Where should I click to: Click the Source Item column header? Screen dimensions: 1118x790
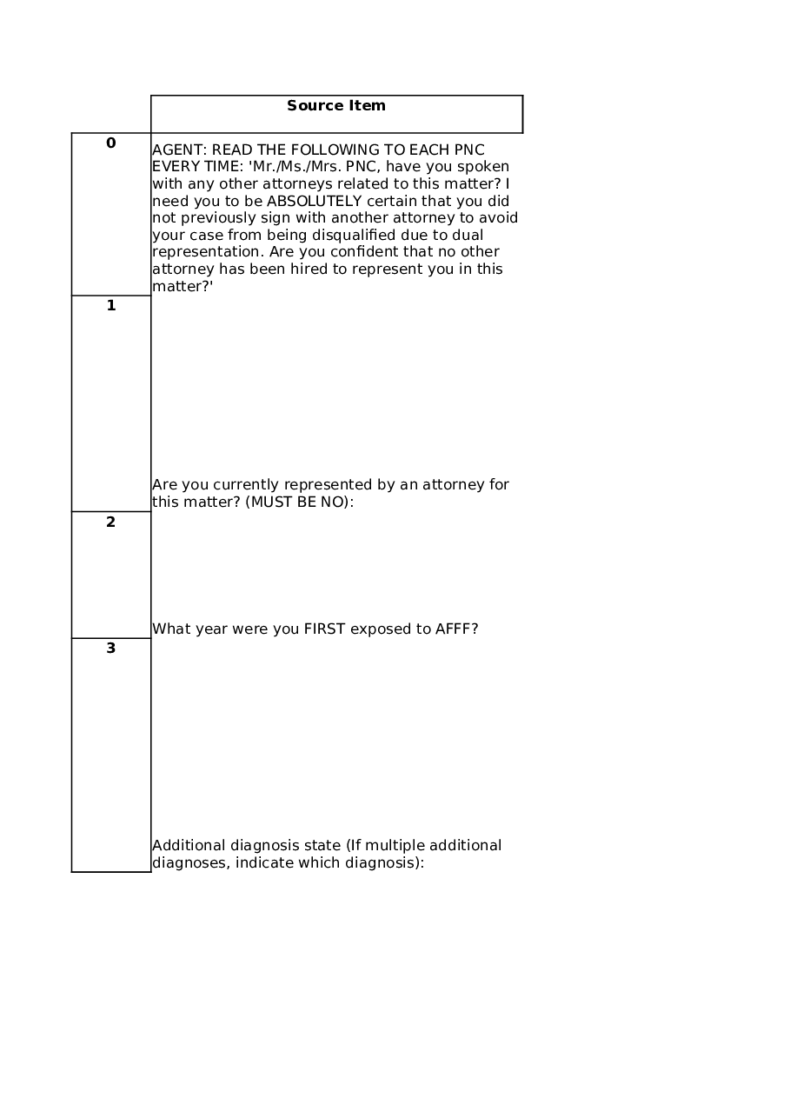coord(336,106)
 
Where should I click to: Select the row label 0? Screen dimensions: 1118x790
coord(110,143)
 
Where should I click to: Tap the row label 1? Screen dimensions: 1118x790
coord(110,306)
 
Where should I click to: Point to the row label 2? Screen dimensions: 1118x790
coord(110,522)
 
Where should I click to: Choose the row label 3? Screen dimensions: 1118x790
coord(110,649)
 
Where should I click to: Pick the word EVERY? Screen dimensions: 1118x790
coord(174,167)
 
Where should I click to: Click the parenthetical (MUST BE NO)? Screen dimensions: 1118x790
coord(300,502)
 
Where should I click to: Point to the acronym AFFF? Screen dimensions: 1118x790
coord(456,629)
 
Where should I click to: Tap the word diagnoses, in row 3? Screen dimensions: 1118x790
coord(191,863)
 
